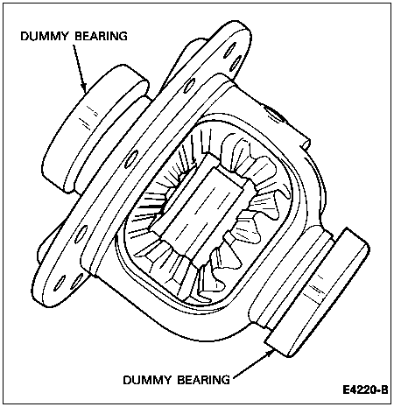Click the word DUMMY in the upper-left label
point(45,36)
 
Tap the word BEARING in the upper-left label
point(101,36)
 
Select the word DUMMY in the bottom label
point(147,380)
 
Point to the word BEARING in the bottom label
point(203,380)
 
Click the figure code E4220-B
point(365,389)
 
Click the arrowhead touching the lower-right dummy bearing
point(269,354)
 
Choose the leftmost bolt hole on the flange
point(59,283)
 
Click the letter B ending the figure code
point(384,389)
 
